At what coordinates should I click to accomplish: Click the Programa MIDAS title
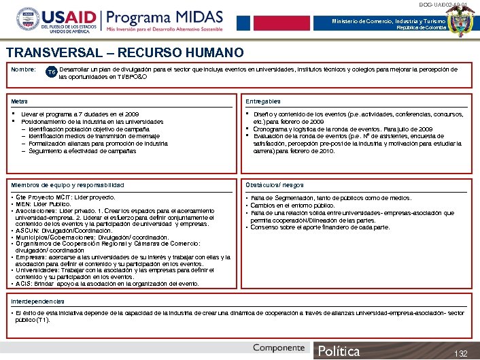[x=162, y=17]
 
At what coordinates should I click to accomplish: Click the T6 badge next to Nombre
[x=51, y=71]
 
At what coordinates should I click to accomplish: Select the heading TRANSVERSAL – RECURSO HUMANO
[x=125, y=52]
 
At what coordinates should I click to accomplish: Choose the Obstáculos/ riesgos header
[x=275, y=185]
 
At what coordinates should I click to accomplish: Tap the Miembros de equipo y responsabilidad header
[x=67, y=185]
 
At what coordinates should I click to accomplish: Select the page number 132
[x=462, y=353]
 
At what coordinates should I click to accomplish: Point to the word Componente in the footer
[x=279, y=348]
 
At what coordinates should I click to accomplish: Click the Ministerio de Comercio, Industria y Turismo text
[x=390, y=22]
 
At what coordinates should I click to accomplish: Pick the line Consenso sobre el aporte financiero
[x=320, y=227]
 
